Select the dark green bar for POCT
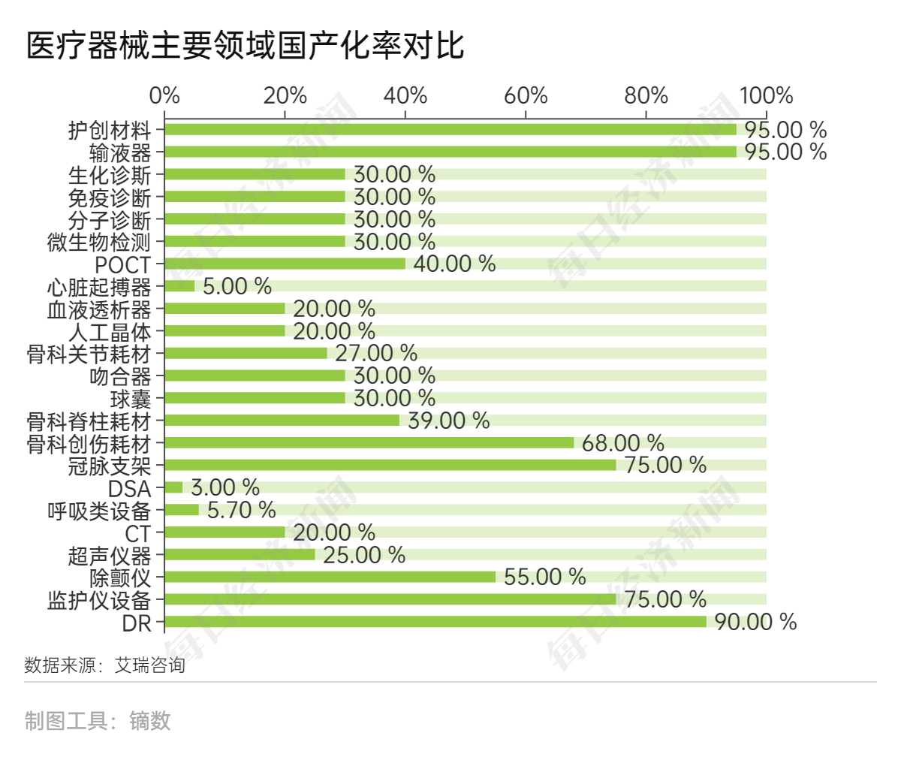(x=285, y=264)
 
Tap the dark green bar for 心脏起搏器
(x=179, y=286)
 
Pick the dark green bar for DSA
(x=173, y=487)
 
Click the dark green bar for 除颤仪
(x=330, y=577)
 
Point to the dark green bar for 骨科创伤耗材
(x=369, y=442)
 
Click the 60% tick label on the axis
(x=526, y=95)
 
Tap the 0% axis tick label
(x=164, y=95)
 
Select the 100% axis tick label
(x=766, y=95)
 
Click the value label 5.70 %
(x=242, y=510)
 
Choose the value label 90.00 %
(x=755, y=622)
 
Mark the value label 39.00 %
(x=448, y=421)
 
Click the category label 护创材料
(x=110, y=130)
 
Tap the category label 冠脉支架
(x=110, y=466)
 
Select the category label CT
(x=137, y=533)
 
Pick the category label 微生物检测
(x=99, y=242)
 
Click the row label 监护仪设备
(x=99, y=600)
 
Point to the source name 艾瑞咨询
(x=149, y=665)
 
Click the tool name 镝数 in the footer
(x=150, y=721)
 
